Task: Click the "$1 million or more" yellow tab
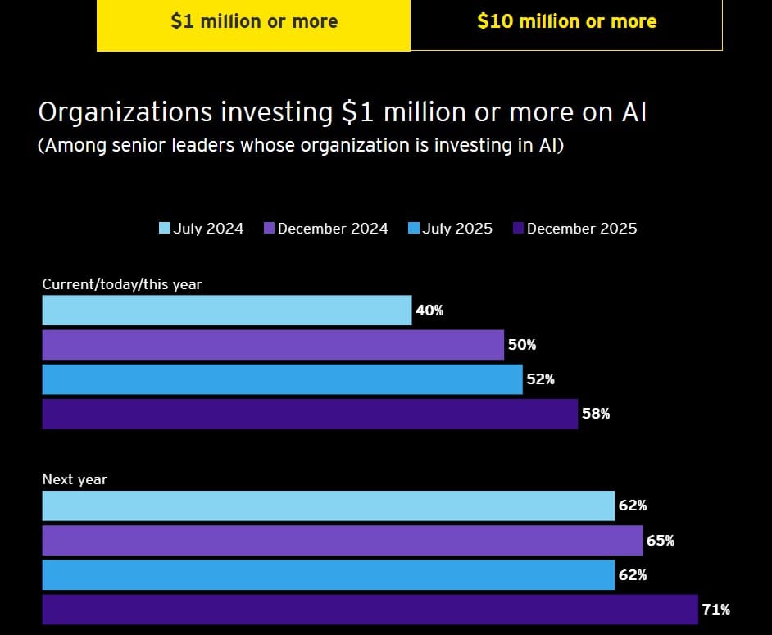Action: [x=253, y=22]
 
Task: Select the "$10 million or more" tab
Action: [x=566, y=22]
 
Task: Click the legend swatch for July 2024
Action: [x=165, y=228]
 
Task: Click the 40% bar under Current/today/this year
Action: [x=226, y=311]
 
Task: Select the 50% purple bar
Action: [x=273, y=345]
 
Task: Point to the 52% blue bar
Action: [x=282, y=379]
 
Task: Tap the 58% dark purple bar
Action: [x=310, y=414]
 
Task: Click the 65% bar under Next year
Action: [x=342, y=541]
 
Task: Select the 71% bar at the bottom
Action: [x=370, y=610]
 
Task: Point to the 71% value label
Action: [x=715, y=610]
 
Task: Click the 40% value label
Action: [x=429, y=311]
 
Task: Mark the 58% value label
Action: [x=596, y=414]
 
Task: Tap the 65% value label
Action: [x=661, y=541]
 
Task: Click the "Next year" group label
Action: [x=75, y=479]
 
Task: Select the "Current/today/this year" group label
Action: [x=122, y=284]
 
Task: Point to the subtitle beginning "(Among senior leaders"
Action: [x=301, y=147]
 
